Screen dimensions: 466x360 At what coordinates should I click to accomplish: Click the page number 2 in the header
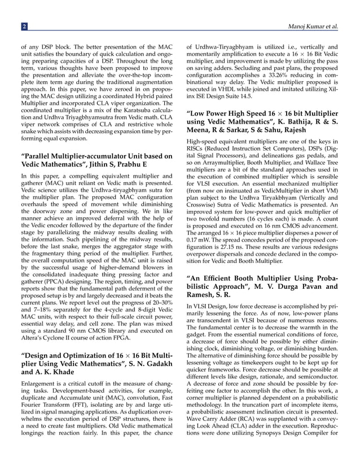pyautogui.click(x=24, y=27)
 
